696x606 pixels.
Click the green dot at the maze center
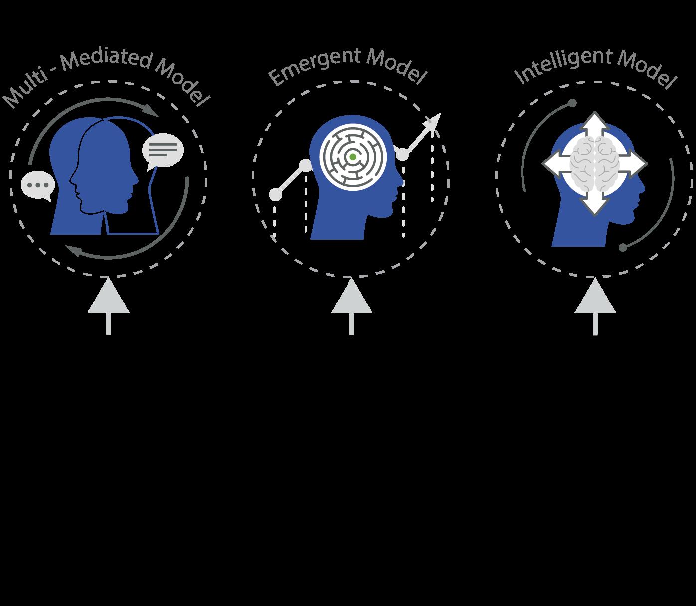353,157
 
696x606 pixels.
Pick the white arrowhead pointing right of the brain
635,163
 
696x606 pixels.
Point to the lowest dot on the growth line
275,194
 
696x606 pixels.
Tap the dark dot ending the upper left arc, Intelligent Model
573,103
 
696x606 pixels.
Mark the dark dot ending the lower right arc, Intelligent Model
623,247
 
